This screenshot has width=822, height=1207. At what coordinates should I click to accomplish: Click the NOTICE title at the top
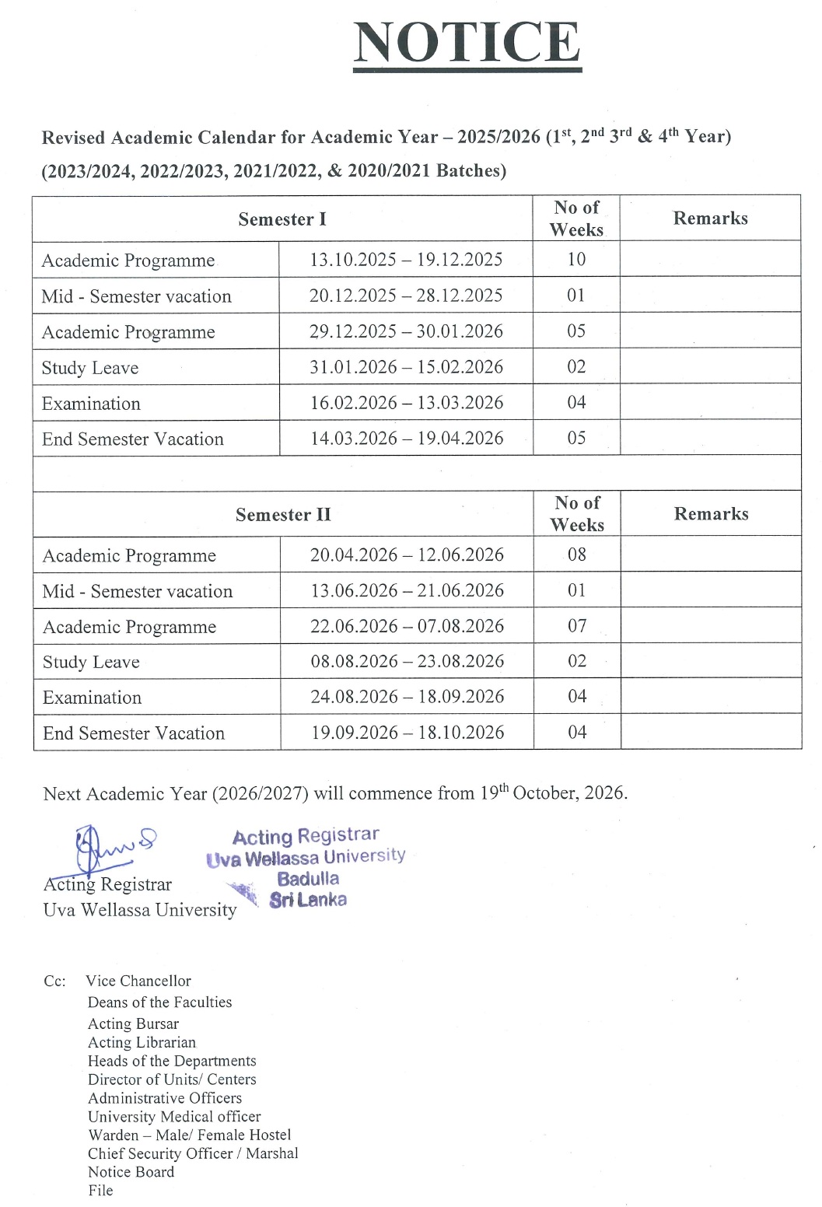467,44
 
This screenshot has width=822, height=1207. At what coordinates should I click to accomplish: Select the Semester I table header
282,219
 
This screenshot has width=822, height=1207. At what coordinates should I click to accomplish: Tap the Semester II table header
283,515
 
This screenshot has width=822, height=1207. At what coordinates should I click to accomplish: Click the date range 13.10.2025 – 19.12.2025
406,260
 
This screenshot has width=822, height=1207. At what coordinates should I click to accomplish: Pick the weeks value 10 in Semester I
576,260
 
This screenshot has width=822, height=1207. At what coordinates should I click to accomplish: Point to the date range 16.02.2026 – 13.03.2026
406,403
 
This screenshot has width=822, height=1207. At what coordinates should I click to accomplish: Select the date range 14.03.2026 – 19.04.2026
407,439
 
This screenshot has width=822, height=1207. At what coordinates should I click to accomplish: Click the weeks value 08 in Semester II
577,555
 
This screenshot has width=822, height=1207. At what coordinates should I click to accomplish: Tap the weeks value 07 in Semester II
577,626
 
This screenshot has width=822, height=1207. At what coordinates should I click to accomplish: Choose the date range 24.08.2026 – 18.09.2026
407,697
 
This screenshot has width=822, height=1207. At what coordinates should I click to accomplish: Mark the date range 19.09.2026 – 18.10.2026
407,733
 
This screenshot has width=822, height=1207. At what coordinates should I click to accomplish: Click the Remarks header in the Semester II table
711,514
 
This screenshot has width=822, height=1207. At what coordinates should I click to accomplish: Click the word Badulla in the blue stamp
308,879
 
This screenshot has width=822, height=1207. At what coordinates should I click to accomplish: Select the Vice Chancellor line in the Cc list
138,981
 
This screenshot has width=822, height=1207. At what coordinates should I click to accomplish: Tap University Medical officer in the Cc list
174,1117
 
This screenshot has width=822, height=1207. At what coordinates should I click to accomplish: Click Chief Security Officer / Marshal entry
193,1153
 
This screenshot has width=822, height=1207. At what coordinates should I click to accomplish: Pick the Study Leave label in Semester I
90,368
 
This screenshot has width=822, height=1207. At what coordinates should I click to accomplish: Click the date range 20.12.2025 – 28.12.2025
406,296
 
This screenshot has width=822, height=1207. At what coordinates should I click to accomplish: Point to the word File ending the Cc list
100,1191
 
